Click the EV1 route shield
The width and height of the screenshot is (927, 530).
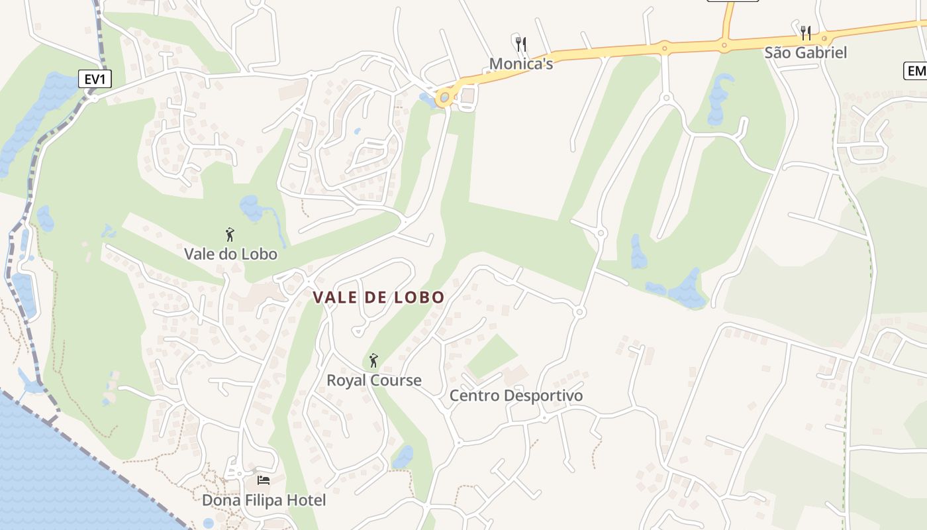point(95,79)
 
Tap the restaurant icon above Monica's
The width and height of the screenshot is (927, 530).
point(521,44)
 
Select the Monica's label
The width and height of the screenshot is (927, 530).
point(521,64)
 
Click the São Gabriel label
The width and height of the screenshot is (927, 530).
point(805,52)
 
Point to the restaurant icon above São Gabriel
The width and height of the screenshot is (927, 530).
point(805,32)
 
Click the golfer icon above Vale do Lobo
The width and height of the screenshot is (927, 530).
point(230,235)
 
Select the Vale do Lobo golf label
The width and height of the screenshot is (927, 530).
point(230,254)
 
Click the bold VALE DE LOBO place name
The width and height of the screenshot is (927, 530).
point(379,297)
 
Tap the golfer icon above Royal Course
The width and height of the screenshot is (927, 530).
point(373,360)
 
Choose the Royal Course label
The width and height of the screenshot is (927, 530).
point(374,380)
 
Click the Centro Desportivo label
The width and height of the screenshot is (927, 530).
point(516,396)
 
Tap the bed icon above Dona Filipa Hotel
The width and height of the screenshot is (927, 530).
point(264,480)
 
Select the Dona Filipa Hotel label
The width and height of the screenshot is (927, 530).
point(264,500)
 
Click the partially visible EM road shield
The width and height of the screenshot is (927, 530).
point(916,71)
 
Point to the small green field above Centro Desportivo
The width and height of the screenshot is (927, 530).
point(491,356)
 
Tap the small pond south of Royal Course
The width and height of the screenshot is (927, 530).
point(403,456)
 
